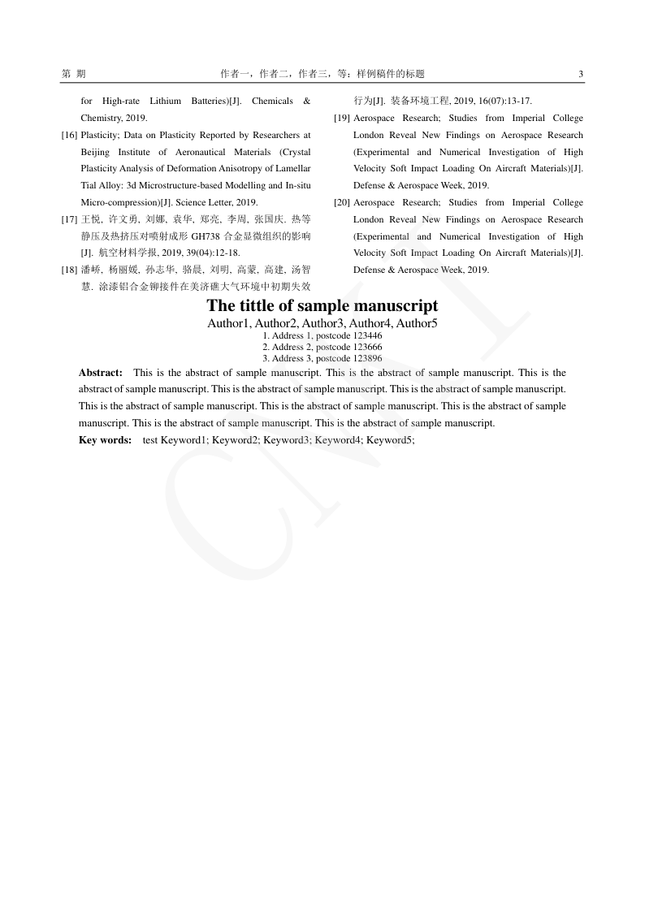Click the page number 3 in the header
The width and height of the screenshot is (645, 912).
[x=581, y=74]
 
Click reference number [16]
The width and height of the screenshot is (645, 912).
[x=69, y=135]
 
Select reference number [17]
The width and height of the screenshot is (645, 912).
[x=69, y=219]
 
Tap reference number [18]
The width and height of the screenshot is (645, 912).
[x=69, y=270]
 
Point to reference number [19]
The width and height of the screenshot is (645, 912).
[x=342, y=118]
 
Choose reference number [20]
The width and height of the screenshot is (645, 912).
[x=342, y=202]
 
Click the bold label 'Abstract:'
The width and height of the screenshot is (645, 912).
[x=101, y=373]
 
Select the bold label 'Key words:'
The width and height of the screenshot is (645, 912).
[x=105, y=439]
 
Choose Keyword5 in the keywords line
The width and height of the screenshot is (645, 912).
[x=390, y=439]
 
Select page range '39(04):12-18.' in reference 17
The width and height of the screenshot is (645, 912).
[x=214, y=253]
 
